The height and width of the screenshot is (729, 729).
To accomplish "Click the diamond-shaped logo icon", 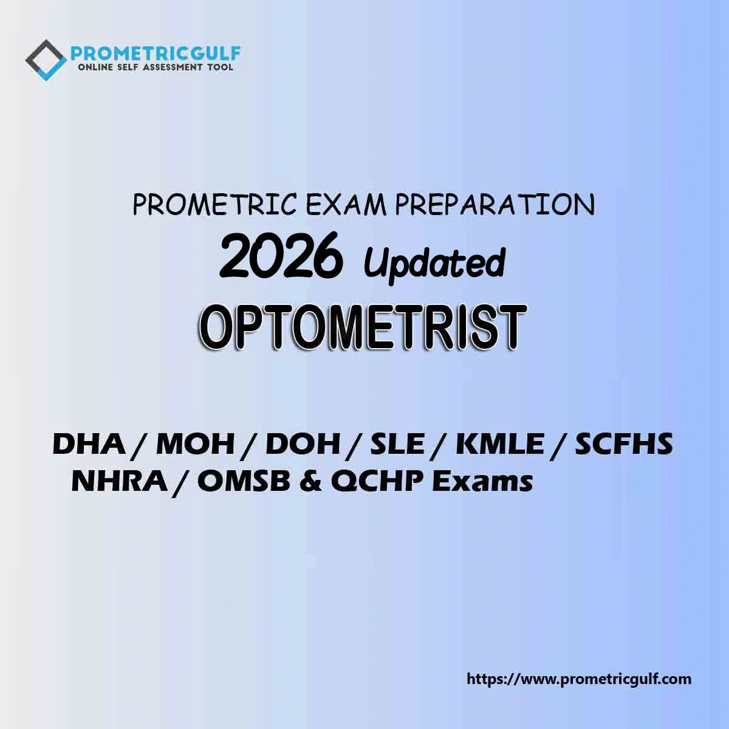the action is (x=46, y=60).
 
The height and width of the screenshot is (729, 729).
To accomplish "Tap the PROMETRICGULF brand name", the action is (x=156, y=53).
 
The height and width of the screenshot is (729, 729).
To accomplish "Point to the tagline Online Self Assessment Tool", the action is (x=156, y=67).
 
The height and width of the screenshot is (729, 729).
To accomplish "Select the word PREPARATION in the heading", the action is (x=495, y=205).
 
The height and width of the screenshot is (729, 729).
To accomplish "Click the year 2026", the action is (x=281, y=254).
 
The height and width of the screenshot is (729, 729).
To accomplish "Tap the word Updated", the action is (x=435, y=263).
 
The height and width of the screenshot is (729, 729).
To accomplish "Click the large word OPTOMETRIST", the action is (x=363, y=328).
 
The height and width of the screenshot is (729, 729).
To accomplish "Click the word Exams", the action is (x=483, y=481).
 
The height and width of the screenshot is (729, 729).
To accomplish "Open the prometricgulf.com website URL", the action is (x=579, y=679).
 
